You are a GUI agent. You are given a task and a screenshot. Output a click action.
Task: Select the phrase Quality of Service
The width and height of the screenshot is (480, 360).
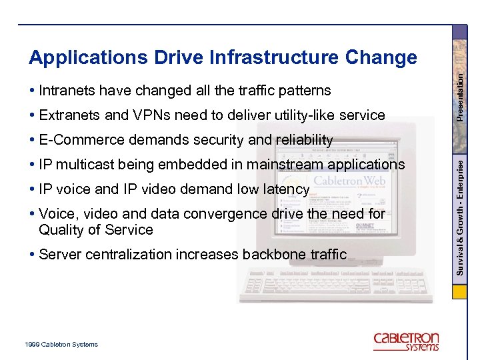click(96, 230)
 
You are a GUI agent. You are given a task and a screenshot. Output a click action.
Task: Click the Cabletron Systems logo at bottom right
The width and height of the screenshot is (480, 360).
click(406, 341)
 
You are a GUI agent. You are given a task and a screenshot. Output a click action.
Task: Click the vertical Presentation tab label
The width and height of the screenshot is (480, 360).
click(461, 96)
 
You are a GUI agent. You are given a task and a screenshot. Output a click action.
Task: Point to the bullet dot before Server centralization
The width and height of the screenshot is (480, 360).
click(33, 255)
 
